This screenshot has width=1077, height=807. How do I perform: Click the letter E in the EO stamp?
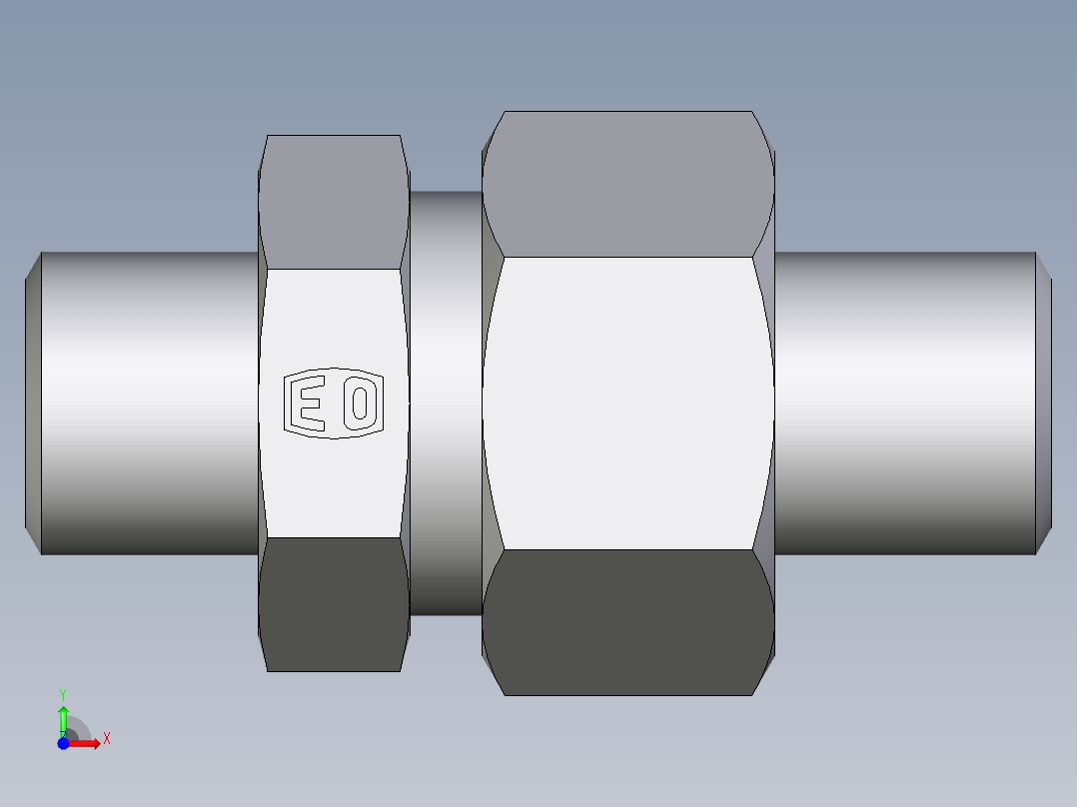click(x=308, y=403)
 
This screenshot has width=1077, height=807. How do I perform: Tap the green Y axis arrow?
click(x=63, y=717)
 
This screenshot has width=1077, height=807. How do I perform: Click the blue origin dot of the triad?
click(x=63, y=742)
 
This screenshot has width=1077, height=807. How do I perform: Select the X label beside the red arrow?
click(x=106, y=738)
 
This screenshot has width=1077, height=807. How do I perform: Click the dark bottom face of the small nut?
click(x=333, y=603)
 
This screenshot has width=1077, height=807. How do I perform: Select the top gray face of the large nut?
click(x=627, y=184)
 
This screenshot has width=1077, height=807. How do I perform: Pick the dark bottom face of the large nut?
click(x=627, y=621)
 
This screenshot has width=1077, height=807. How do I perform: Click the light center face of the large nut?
click(x=627, y=403)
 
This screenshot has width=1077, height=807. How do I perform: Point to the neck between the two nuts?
click(x=446, y=403)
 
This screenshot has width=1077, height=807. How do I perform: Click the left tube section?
click(x=150, y=403)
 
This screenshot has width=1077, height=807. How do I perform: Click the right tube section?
click(x=904, y=403)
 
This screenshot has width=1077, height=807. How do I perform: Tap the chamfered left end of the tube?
click(x=32, y=403)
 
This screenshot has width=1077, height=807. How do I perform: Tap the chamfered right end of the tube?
click(x=1043, y=403)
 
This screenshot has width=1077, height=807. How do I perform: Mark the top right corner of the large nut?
click(x=752, y=113)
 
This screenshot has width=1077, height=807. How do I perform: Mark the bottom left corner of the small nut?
click(x=269, y=669)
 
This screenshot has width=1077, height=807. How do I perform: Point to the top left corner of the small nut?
click(x=269, y=137)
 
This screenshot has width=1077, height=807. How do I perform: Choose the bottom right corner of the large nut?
click(x=751, y=694)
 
